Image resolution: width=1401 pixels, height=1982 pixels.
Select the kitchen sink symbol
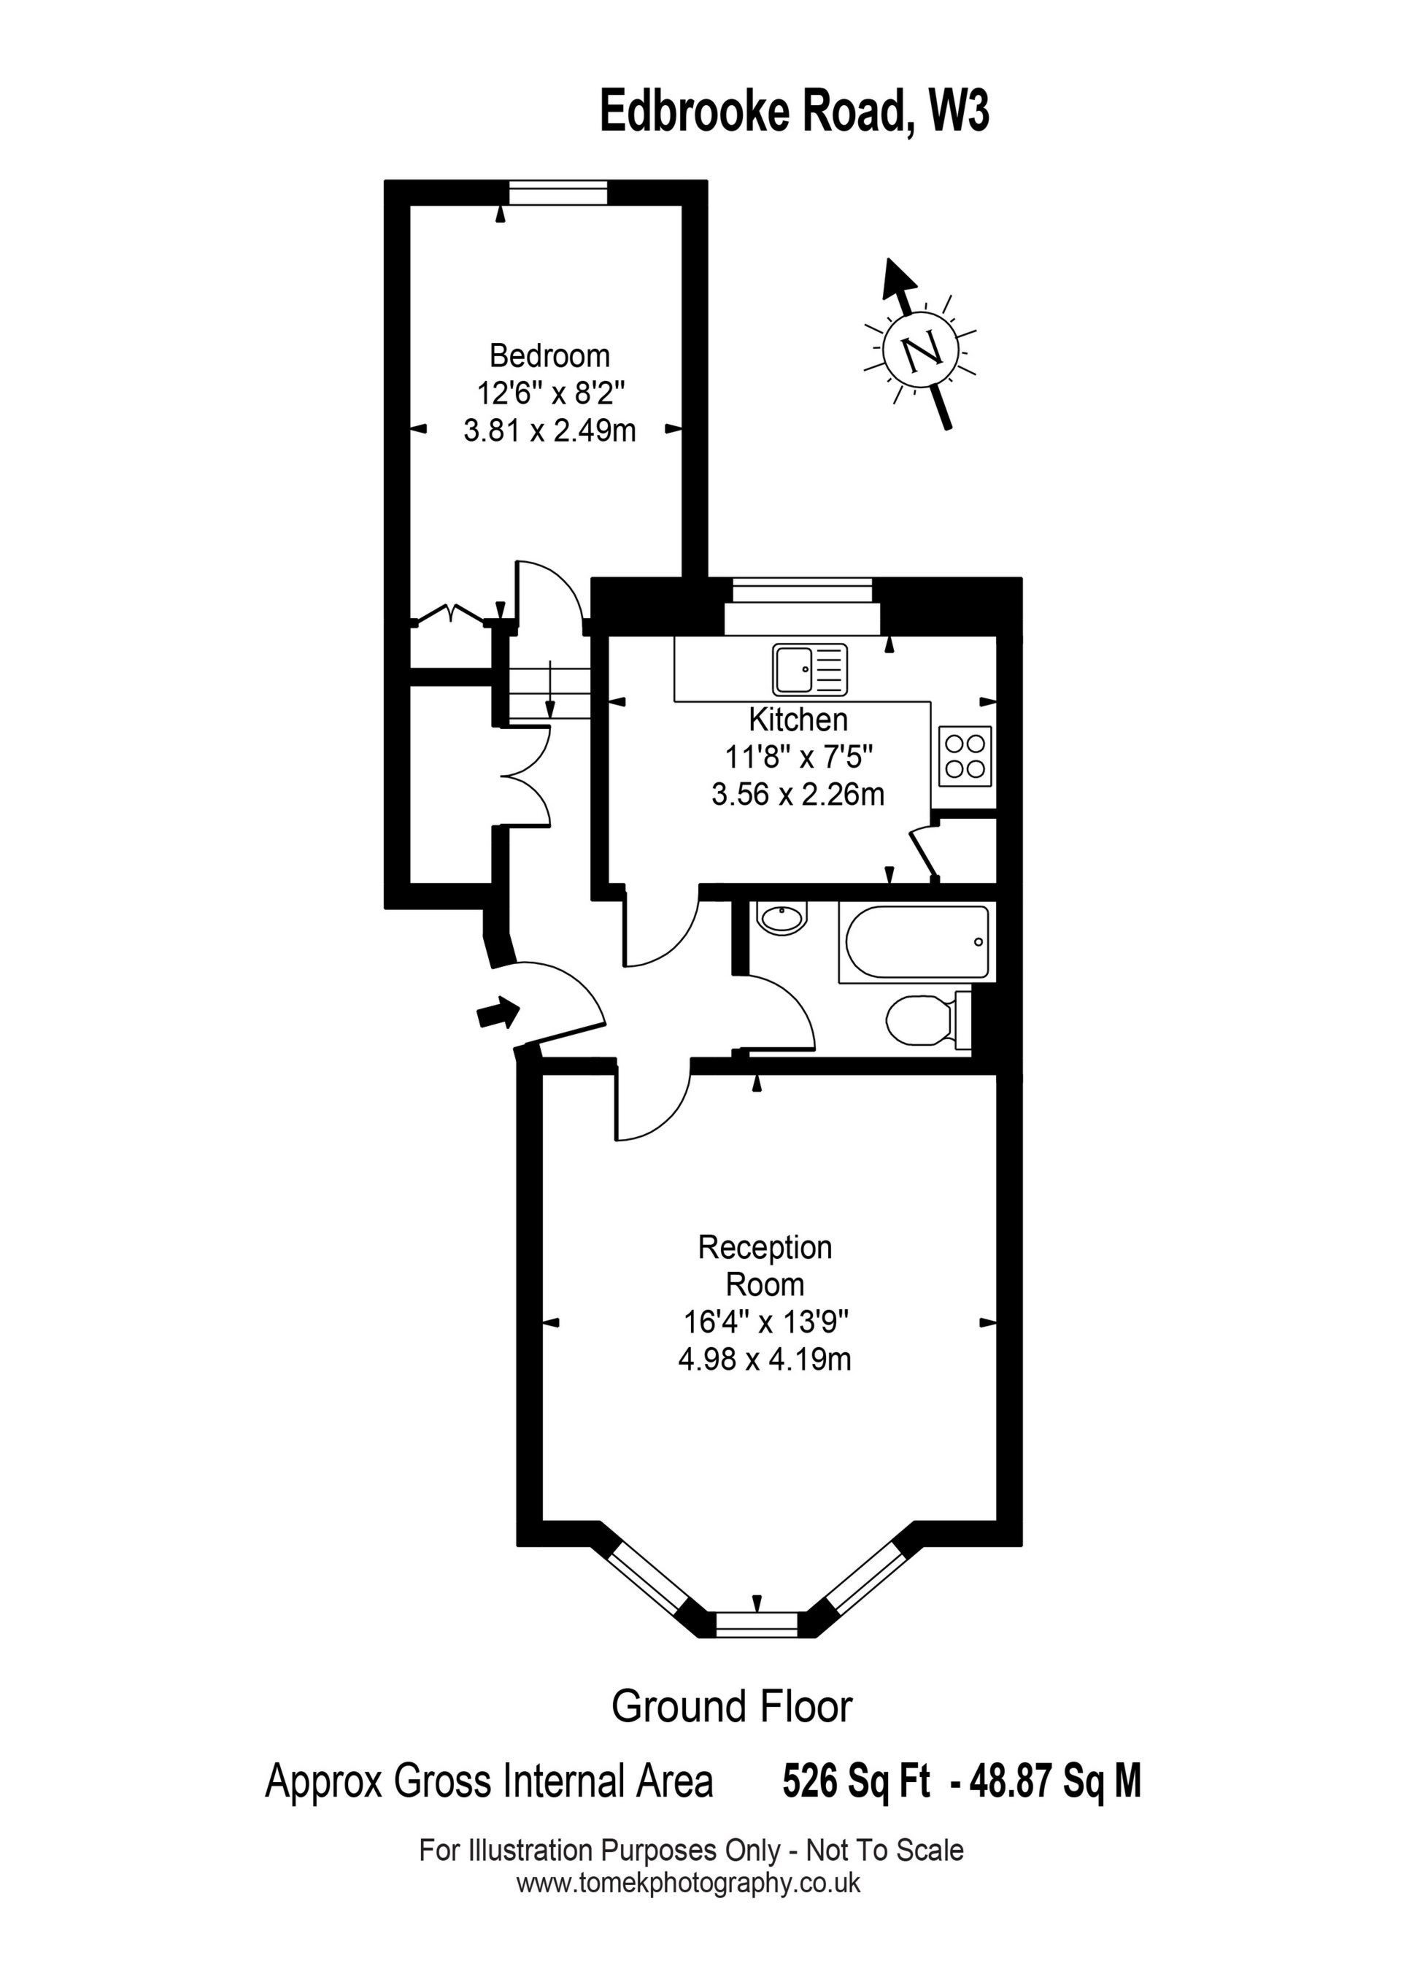(811, 670)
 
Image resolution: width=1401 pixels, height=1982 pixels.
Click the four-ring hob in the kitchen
(964, 755)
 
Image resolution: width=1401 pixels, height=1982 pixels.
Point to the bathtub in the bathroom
(916, 942)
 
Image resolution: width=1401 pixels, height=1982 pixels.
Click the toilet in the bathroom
(924, 1020)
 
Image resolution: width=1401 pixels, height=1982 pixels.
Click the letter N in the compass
(921, 350)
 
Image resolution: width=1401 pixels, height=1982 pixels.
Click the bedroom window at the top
(557, 193)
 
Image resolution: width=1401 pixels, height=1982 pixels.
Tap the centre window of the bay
(757, 1624)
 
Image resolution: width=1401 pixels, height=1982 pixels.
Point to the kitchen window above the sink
(802, 591)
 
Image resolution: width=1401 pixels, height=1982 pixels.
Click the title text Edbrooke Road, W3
(794, 112)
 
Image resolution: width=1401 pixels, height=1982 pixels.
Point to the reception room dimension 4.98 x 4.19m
(764, 1360)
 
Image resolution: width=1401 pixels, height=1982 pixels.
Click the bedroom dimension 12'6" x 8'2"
(550, 393)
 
